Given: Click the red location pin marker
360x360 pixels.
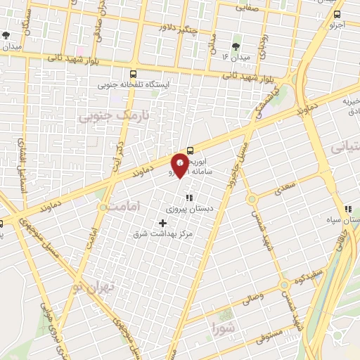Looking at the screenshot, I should (181, 164).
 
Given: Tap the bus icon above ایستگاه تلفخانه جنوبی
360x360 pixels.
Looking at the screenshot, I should (133, 72).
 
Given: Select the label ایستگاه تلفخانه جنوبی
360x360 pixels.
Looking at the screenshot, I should (133, 84).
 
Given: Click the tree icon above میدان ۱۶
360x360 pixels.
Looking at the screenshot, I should (235, 46).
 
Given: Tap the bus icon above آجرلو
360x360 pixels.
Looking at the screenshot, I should (337, 14).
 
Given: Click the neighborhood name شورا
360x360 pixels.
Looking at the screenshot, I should (223, 325).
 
